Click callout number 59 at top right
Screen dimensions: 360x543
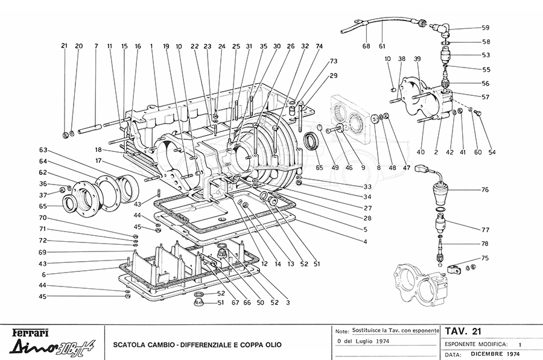486,28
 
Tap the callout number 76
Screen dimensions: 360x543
484,190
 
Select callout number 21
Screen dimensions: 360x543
64,46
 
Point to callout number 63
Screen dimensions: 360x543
43,150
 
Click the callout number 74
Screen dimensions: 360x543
319,46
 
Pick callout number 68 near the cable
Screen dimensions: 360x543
366,46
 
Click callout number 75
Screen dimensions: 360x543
484,257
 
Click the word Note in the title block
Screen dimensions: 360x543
341,332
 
